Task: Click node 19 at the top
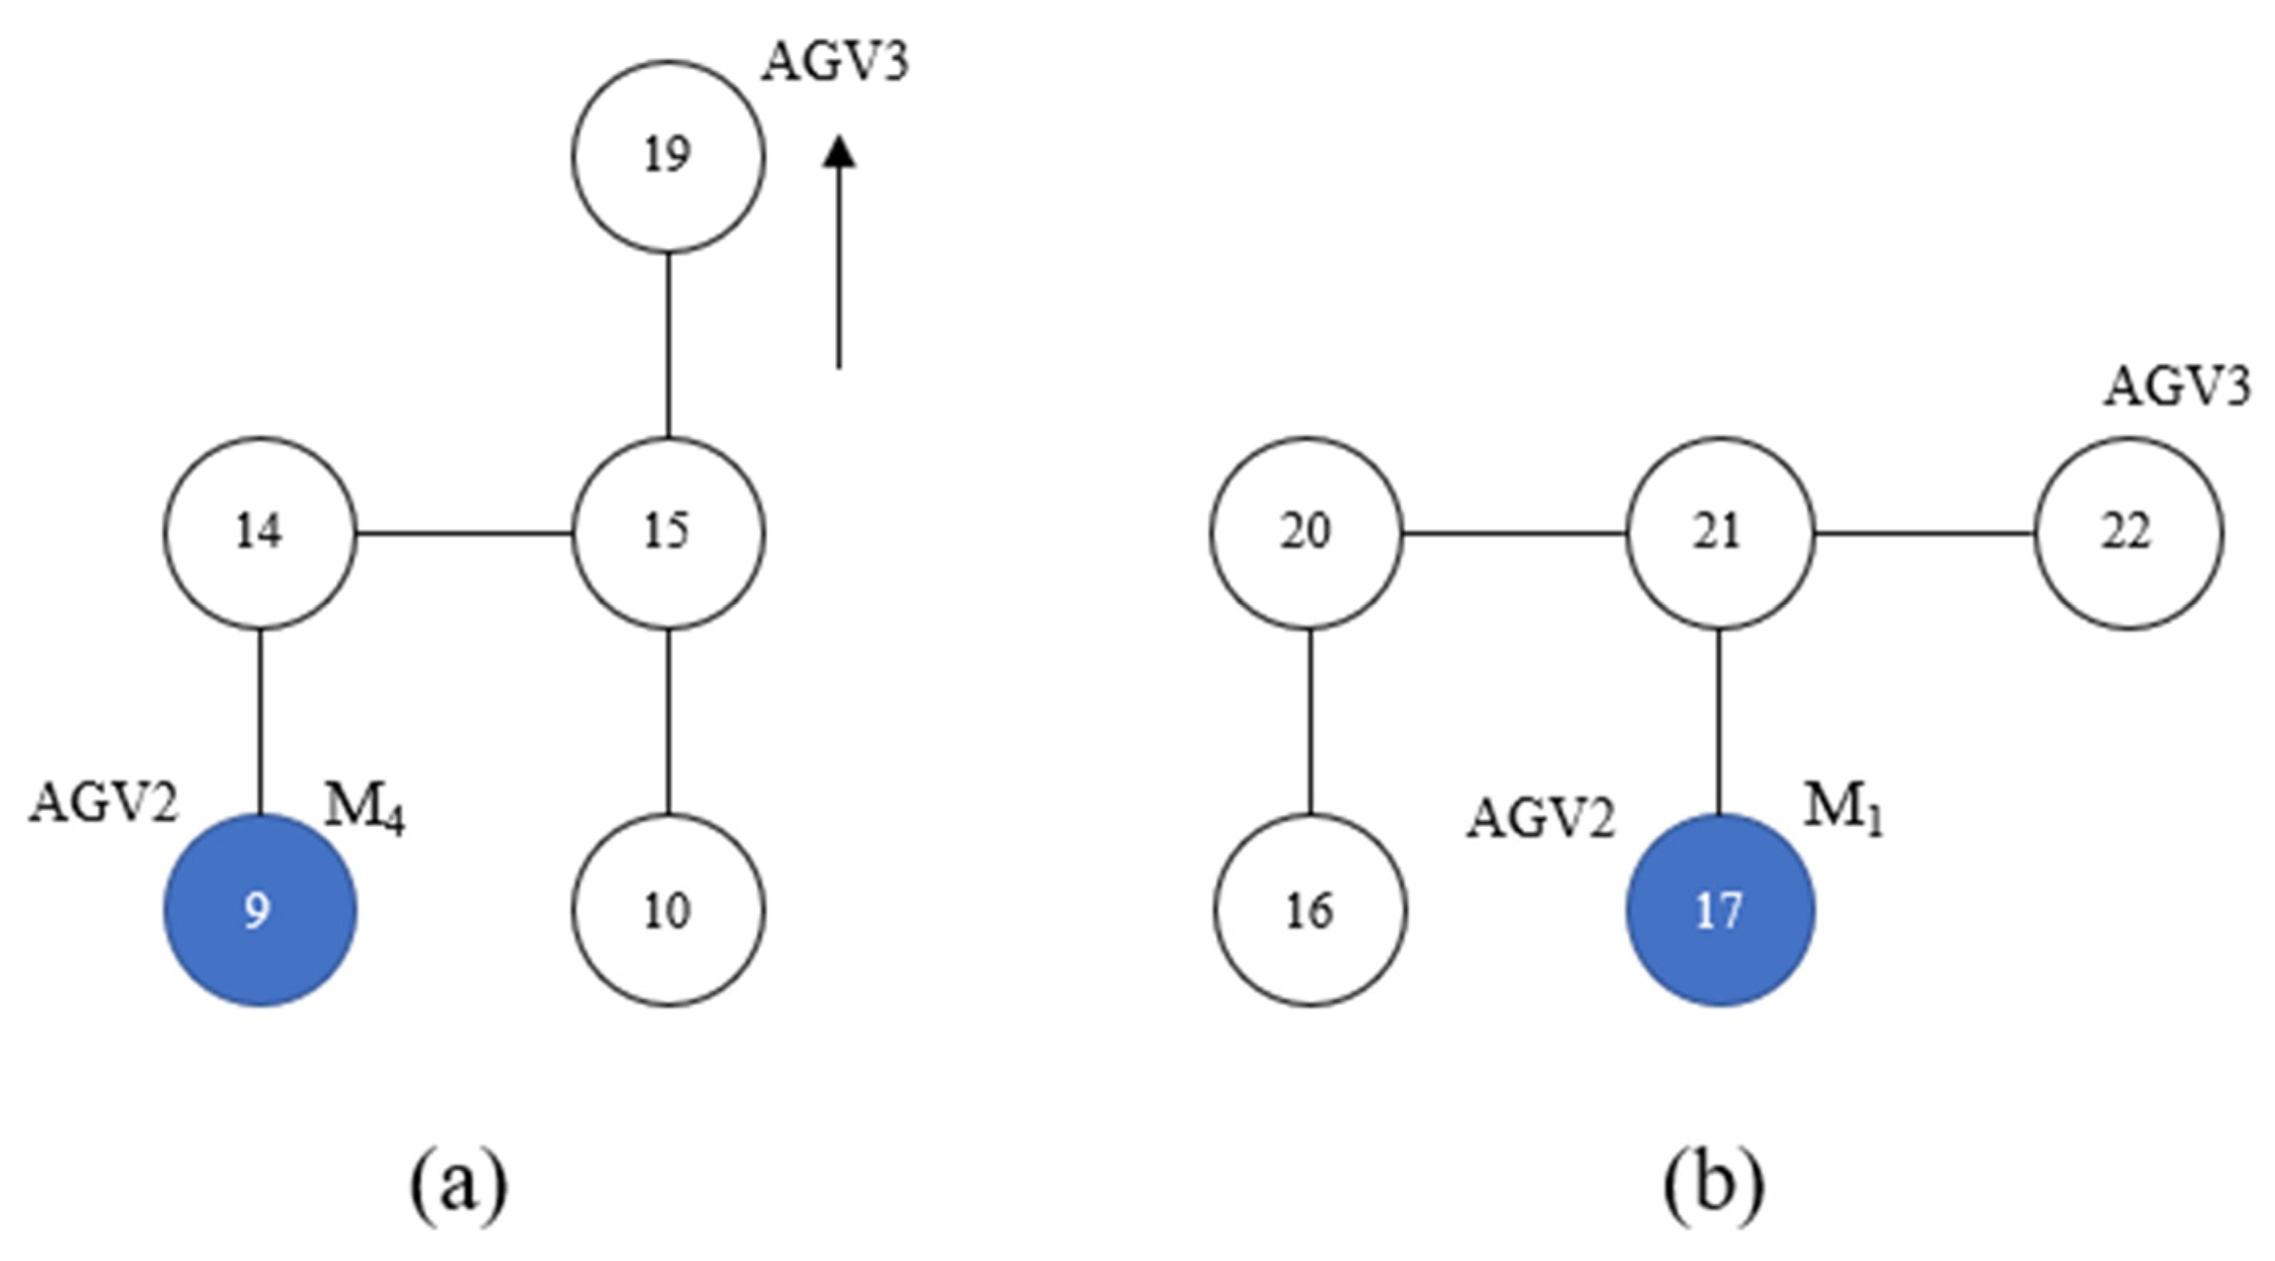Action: (x=667, y=156)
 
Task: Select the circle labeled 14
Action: (x=260, y=533)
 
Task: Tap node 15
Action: (x=667, y=533)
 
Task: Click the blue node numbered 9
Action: (x=260, y=910)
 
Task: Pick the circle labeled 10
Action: (x=667, y=910)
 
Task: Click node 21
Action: (x=1720, y=533)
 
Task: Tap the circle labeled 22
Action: (x=2128, y=533)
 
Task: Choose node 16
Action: (x=1309, y=910)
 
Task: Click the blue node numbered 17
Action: (x=1720, y=910)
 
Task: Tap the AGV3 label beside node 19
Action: (x=835, y=64)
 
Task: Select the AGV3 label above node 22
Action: (x=2175, y=388)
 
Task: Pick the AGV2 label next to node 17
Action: (x=1541, y=819)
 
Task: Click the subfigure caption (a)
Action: (x=458, y=1186)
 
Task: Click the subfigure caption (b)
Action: (x=1714, y=1186)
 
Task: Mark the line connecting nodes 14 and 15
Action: (x=464, y=533)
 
